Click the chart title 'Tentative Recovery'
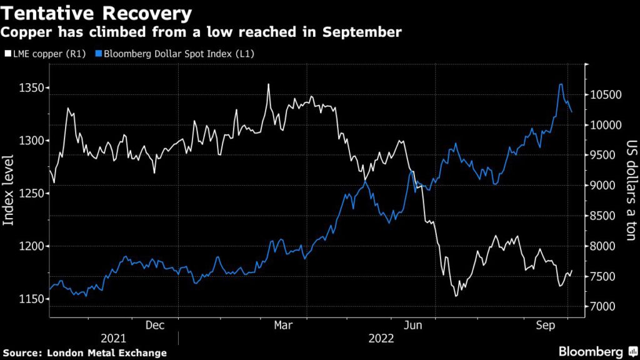tap(97, 12)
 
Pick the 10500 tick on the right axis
tap(605, 95)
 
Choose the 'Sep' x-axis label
tap(546, 325)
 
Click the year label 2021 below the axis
tap(113, 338)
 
